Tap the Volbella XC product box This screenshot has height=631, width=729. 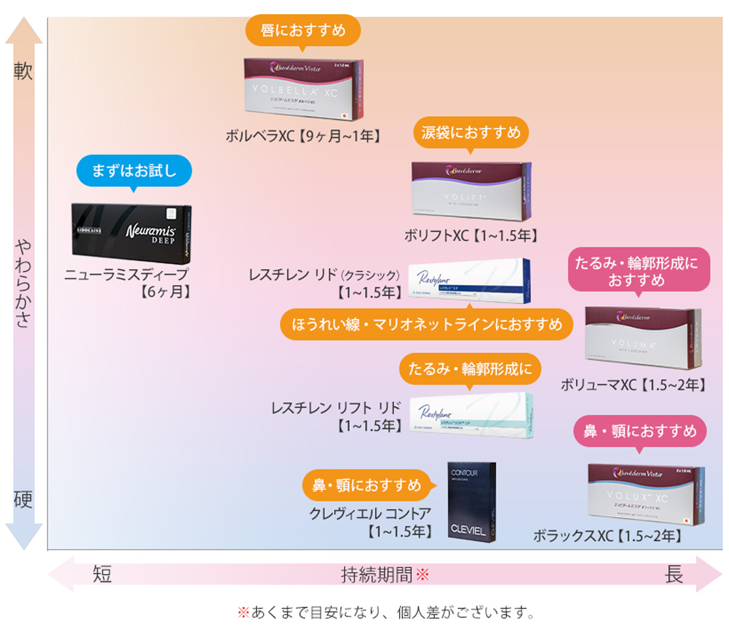303,89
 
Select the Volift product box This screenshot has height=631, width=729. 471,191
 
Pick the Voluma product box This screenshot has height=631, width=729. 642,338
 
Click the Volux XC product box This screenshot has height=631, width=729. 646,496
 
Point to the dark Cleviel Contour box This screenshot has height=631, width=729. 471,502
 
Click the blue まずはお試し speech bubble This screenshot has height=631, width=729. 134,171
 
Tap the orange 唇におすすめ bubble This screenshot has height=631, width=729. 303,30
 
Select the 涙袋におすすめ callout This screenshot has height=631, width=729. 471,132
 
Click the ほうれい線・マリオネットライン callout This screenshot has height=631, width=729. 427,325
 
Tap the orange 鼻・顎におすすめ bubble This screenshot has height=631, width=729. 366,485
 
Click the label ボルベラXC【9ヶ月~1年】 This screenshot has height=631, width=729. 303,136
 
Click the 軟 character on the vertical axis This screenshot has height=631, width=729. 23,72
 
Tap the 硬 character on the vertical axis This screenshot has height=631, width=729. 23,500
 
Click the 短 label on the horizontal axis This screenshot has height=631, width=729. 102,574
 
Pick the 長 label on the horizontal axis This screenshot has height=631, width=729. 674,574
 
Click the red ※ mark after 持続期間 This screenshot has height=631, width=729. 422,574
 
